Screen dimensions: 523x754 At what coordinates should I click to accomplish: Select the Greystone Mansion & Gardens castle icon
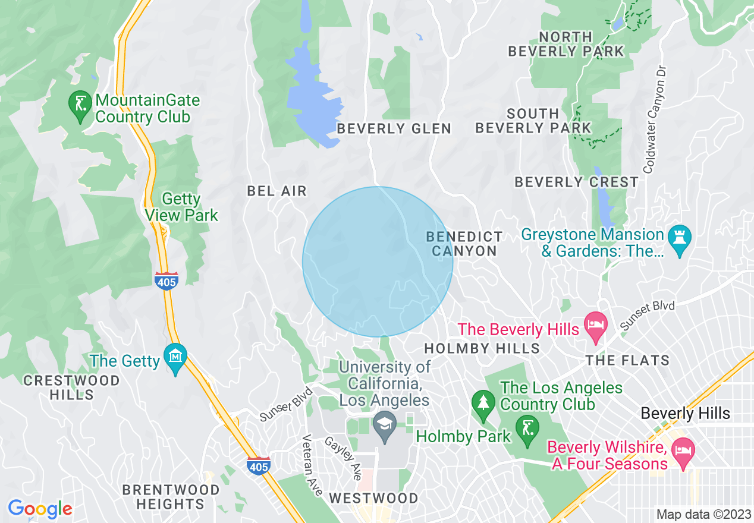(x=679, y=239)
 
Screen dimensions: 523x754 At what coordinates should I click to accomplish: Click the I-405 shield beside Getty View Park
(x=166, y=281)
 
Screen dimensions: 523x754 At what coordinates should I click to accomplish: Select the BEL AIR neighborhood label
(x=277, y=191)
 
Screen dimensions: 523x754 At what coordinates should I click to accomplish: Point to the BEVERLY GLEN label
(x=394, y=128)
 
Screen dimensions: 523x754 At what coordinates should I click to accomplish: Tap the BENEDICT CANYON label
(x=464, y=244)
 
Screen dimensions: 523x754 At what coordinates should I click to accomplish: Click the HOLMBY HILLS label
(x=482, y=348)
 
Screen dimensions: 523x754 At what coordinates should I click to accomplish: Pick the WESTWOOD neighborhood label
(x=373, y=498)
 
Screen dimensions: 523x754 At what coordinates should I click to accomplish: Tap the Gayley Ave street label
(x=343, y=459)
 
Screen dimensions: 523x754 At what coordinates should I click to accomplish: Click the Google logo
(x=40, y=509)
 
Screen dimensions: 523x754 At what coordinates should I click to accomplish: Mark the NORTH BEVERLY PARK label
(x=566, y=44)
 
